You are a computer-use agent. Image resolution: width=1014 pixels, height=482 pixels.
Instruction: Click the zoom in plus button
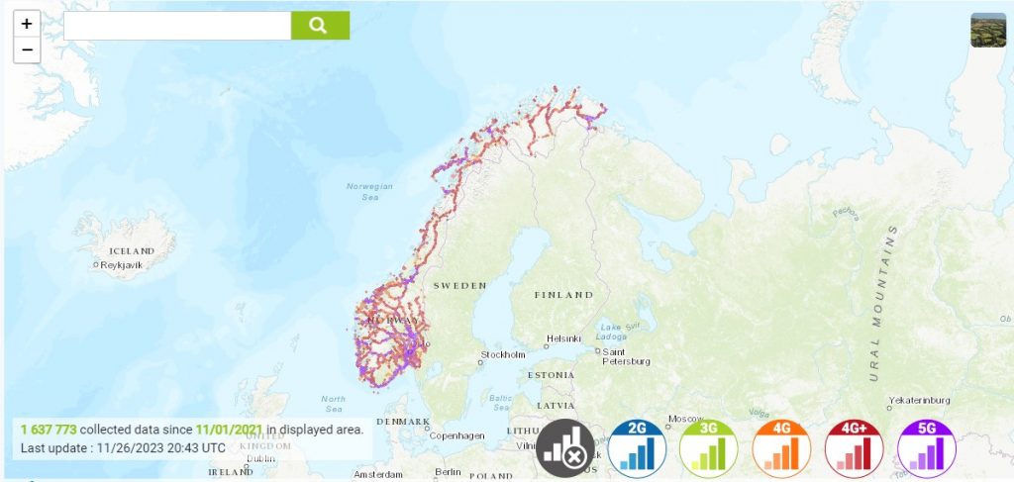coord(27,24)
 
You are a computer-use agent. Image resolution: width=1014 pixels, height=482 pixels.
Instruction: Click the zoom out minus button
coord(27,49)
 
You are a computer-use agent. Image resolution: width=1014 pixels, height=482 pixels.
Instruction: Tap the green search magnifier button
coord(320,26)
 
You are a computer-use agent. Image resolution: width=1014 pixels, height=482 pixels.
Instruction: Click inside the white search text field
coord(177,26)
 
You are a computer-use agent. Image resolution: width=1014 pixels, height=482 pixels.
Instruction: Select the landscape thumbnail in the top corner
coord(987,30)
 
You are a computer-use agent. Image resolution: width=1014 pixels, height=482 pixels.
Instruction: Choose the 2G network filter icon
coord(638,448)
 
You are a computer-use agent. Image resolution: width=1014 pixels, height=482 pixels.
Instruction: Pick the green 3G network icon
coord(709,448)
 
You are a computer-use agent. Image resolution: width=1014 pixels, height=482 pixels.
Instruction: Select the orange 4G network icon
coord(781,448)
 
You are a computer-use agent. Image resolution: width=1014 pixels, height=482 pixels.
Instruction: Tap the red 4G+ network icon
coord(854,448)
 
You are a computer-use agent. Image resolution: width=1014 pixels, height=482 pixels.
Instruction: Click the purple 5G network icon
coord(926,448)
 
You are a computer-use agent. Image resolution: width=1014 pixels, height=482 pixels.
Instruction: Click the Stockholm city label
coord(503,354)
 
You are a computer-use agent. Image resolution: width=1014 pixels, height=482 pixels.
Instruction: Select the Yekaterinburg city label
coord(920,400)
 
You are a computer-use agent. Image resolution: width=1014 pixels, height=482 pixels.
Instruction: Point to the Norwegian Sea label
coord(369,191)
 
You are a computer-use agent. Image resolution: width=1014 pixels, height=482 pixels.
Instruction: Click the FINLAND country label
coord(563,295)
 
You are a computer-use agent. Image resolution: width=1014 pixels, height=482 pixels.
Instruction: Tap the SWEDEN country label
coord(460,285)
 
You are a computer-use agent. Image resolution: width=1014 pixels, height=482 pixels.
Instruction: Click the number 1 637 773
coord(48,430)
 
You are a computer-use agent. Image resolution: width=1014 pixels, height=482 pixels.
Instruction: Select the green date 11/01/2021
coord(230,430)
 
